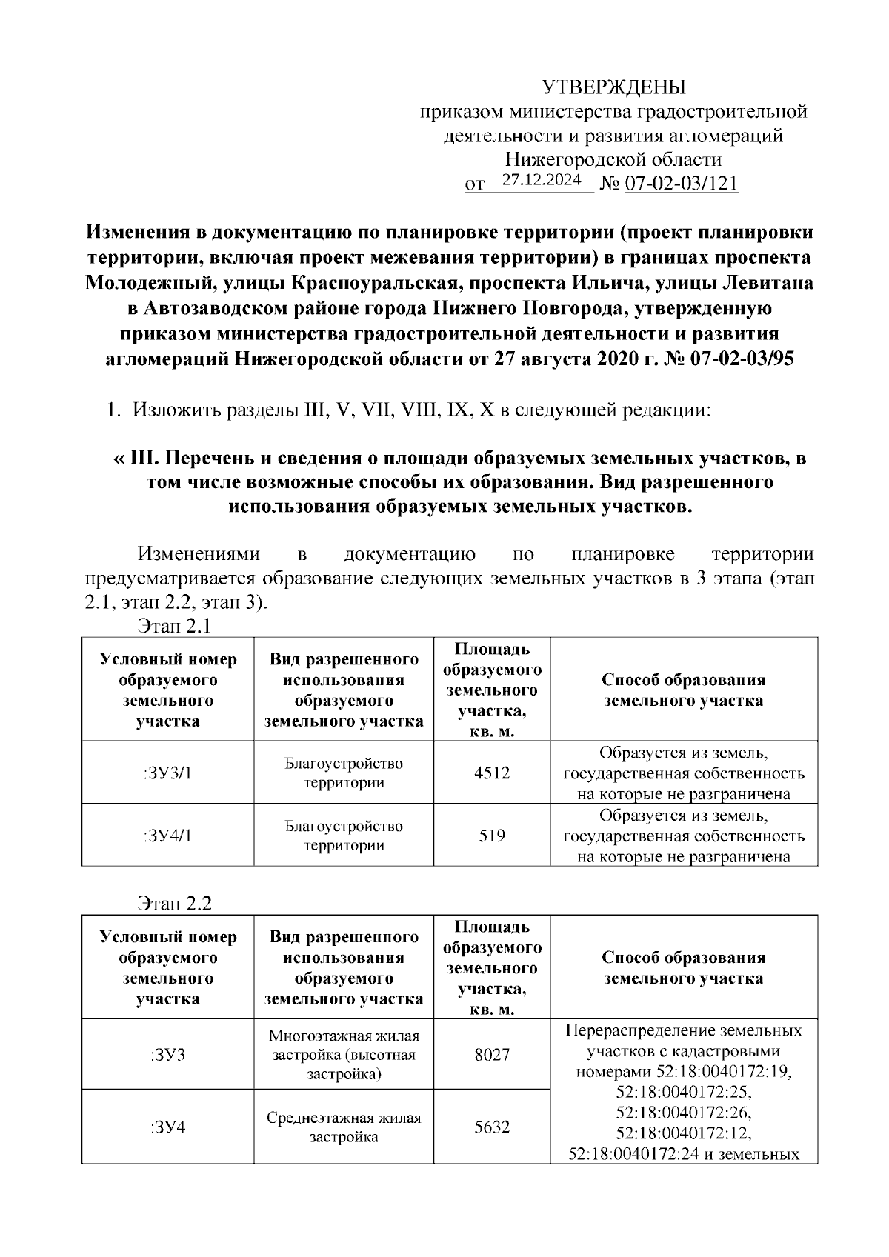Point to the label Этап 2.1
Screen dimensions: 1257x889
coord(174,627)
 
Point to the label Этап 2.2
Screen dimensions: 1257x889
coord(174,904)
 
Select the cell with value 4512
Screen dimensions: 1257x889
coord(492,773)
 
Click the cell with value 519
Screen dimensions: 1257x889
coord(492,836)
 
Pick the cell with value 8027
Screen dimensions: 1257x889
coord(492,1054)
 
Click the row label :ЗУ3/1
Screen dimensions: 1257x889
coord(167,773)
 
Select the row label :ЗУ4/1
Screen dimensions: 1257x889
coord(167,836)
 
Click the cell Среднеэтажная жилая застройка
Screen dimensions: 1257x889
coord(344,1127)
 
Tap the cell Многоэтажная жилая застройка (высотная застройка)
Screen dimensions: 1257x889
coord(344,1054)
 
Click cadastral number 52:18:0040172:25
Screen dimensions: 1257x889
coord(683,1092)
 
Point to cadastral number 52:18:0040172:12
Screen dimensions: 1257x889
coord(683,1133)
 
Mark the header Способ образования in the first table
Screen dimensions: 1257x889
coord(683,680)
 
